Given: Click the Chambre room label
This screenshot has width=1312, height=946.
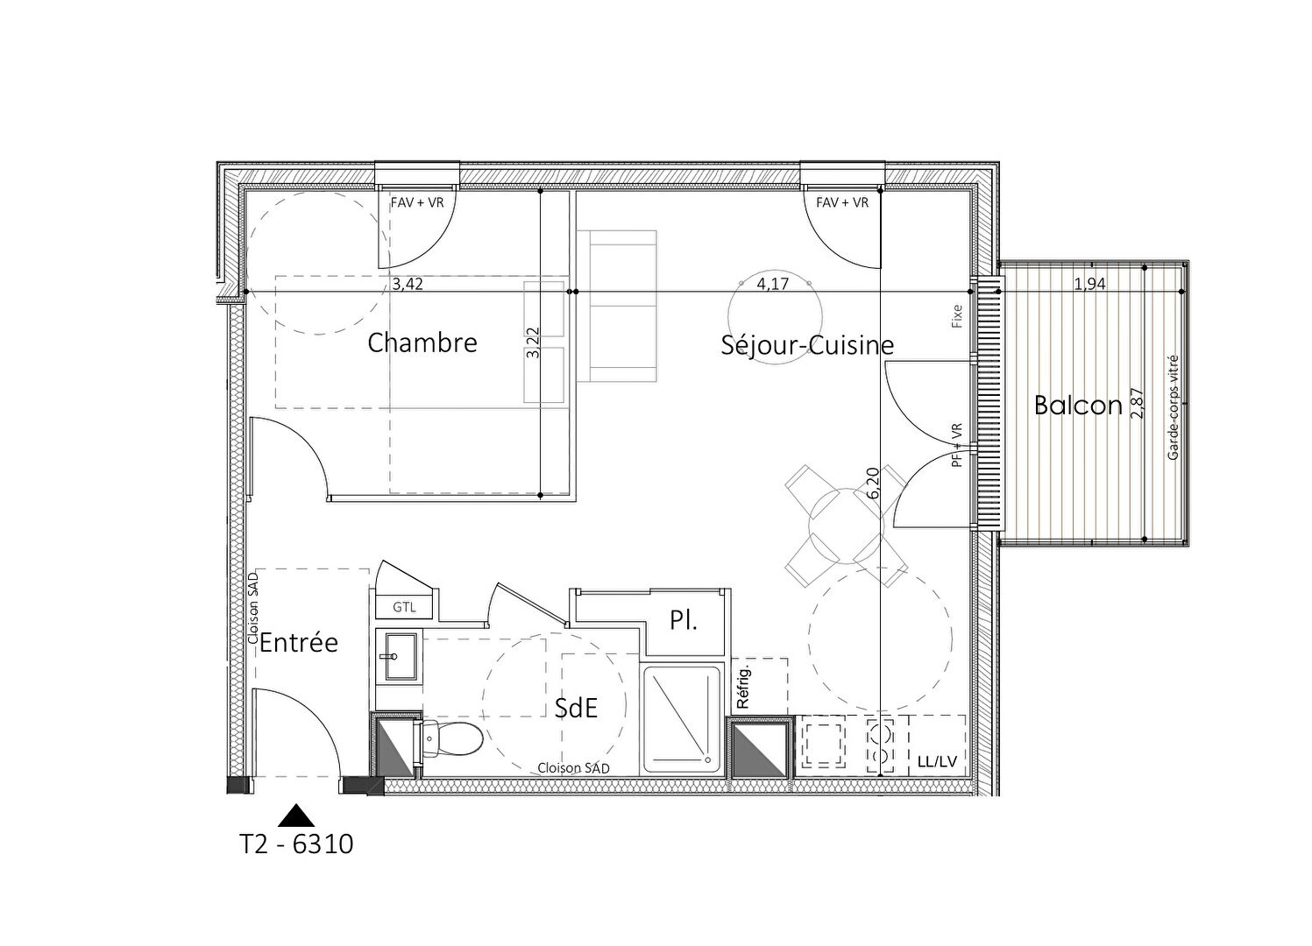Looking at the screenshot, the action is [x=422, y=342].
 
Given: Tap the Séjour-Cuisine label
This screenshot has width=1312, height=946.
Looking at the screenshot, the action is [x=807, y=345].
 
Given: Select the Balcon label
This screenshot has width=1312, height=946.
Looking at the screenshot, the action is [x=1078, y=405].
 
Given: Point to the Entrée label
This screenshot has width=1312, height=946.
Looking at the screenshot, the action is [x=299, y=643].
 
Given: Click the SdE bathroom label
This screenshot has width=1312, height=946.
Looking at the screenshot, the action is [x=576, y=709].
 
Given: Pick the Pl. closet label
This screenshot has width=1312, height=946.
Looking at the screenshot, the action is [x=684, y=620].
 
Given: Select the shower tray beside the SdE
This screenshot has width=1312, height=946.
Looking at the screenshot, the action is [x=681, y=719].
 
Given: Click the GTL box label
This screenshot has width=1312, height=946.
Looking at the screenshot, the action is [x=404, y=608].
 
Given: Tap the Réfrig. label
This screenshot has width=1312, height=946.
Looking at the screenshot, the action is [x=744, y=687].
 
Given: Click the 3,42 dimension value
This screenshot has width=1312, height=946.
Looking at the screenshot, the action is [x=408, y=285].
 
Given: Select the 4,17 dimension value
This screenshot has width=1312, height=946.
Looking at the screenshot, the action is [x=773, y=285].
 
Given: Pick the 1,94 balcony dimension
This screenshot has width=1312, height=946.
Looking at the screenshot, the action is [x=1090, y=284].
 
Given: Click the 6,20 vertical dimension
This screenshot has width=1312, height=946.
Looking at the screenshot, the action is [x=873, y=483].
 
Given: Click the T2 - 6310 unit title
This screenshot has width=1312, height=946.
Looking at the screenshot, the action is [x=297, y=844].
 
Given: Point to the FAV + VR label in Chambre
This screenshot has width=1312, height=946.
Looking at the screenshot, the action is [x=417, y=203].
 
